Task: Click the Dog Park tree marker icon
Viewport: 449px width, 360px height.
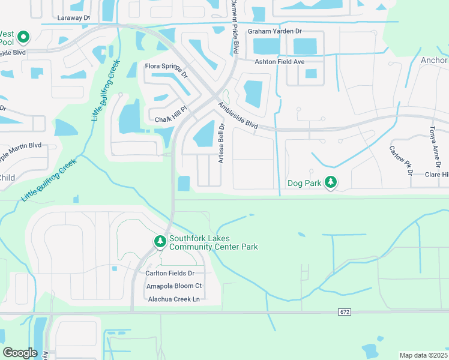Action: tap(330, 182)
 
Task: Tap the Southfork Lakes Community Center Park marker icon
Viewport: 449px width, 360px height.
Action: tap(160, 241)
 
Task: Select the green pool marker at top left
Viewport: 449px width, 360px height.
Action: tap(23, 38)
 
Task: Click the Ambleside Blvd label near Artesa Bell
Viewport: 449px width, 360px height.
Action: tap(238, 116)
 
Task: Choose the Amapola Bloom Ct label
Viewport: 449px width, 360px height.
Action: tap(174, 286)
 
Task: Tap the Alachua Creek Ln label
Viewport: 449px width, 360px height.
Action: tap(173, 299)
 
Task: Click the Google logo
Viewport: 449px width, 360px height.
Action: tap(20, 352)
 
